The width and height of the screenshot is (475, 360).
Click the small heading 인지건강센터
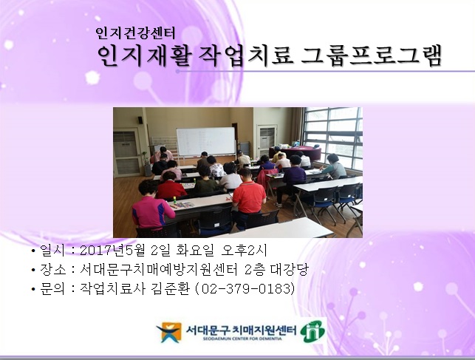136,33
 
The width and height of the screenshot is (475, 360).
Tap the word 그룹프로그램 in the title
372,55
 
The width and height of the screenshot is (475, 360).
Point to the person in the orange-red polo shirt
248,196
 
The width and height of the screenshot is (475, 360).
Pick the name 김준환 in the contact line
165,288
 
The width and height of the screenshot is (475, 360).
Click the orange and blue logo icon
168,332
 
